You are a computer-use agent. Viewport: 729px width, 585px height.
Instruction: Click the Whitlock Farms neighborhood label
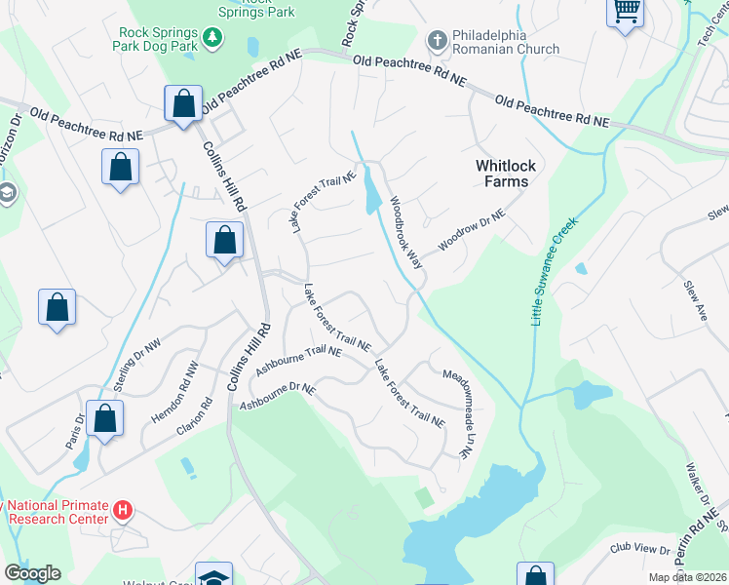tap(502, 174)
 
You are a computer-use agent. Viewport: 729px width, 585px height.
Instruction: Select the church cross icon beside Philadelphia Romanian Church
tap(437, 40)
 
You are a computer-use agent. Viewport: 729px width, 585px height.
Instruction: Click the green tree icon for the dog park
tap(212, 38)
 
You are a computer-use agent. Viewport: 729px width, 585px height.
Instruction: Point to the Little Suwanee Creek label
tap(555, 271)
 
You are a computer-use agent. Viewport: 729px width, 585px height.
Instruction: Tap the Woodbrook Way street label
tap(407, 233)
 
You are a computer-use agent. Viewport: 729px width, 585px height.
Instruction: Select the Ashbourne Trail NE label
tap(296, 362)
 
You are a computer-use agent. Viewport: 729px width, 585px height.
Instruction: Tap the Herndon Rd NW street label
tap(187, 385)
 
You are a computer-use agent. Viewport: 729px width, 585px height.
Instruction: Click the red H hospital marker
tap(122, 510)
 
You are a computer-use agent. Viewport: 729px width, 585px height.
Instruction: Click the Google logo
tap(32, 573)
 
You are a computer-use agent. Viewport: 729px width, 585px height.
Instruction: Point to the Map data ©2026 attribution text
tap(687, 577)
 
